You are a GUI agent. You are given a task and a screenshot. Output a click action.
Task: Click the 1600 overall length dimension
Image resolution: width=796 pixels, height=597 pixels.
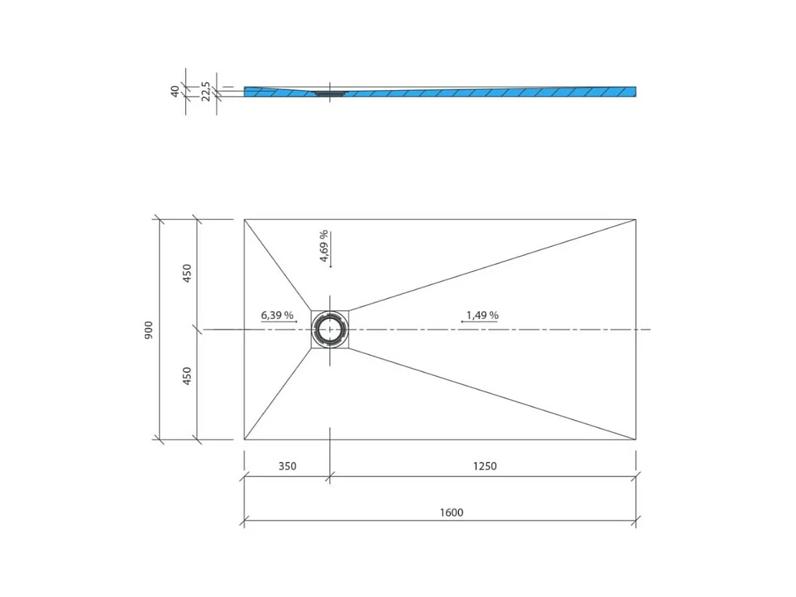(x=451, y=512)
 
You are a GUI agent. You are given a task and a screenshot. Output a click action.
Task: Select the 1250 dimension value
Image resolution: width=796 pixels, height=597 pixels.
(x=485, y=466)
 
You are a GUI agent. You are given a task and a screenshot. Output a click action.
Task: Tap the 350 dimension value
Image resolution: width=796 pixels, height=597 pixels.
(x=287, y=466)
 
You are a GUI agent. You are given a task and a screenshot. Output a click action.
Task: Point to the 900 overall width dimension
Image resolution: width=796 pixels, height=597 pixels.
(x=148, y=330)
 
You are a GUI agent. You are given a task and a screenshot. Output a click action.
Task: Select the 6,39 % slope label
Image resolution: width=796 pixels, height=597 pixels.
(x=277, y=315)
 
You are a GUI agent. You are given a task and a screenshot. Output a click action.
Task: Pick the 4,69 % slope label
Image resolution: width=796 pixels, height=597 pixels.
(x=324, y=247)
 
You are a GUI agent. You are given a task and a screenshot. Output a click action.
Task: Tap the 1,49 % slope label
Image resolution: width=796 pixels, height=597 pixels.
(x=482, y=315)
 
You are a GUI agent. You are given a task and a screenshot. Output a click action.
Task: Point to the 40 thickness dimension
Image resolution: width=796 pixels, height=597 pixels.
(x=175, y=90)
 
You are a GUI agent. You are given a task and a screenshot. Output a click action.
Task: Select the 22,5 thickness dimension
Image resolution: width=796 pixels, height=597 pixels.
(x=206, y=91)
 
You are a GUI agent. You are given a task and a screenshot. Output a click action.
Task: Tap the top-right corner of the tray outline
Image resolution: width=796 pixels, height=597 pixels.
(x=636, y=219)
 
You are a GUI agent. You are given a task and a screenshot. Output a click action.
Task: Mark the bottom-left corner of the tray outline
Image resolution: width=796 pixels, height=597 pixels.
(x=244, y=440)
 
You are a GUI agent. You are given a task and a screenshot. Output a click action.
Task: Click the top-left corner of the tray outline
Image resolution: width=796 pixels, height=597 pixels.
(x=244, y=219)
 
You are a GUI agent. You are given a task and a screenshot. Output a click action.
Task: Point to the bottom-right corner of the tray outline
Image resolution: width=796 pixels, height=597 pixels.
(x=636, y=440)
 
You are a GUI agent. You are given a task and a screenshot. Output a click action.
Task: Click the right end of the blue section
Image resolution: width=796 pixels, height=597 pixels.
(x=634, y=92)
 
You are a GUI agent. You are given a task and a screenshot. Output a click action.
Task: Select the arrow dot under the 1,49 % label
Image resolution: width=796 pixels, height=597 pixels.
(x=462, y=322)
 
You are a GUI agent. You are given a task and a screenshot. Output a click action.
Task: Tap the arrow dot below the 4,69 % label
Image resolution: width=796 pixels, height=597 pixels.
(x=331, y=266)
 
